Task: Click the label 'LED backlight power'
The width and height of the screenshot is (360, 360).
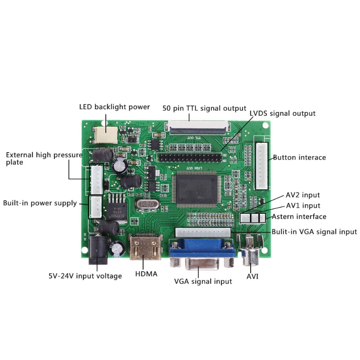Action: point(114,107)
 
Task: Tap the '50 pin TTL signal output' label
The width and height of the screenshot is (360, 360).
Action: point(204,108)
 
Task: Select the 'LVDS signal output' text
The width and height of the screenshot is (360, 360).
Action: point(283,113)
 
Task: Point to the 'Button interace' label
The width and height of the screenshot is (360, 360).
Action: point(299,157)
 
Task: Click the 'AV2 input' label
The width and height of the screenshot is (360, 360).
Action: point(303,195)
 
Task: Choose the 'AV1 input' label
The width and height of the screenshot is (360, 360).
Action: point(303,206)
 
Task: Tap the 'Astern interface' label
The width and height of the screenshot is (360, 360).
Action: point(299,216)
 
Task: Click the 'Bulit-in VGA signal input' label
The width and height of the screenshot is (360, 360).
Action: point(314,232)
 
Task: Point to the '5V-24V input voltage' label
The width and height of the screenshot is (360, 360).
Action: point(85,276)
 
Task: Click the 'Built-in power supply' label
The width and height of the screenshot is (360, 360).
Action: point(40,203)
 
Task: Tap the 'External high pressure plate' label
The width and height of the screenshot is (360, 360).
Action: point(44,158)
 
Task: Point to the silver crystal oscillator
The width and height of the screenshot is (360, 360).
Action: point(148,204)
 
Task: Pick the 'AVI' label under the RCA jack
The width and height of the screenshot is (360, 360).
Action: point(252,276)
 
